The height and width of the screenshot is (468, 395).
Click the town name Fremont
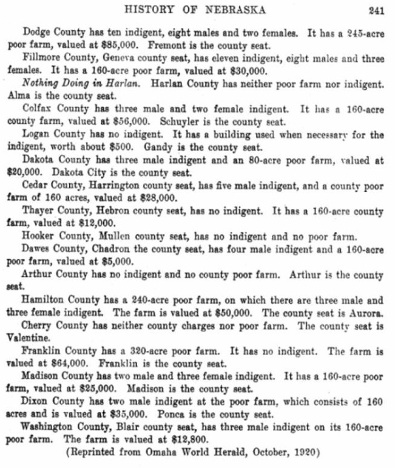(163, 46)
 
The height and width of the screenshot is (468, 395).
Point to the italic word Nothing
(42, 83)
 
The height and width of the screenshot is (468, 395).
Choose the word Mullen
(117, 236)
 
